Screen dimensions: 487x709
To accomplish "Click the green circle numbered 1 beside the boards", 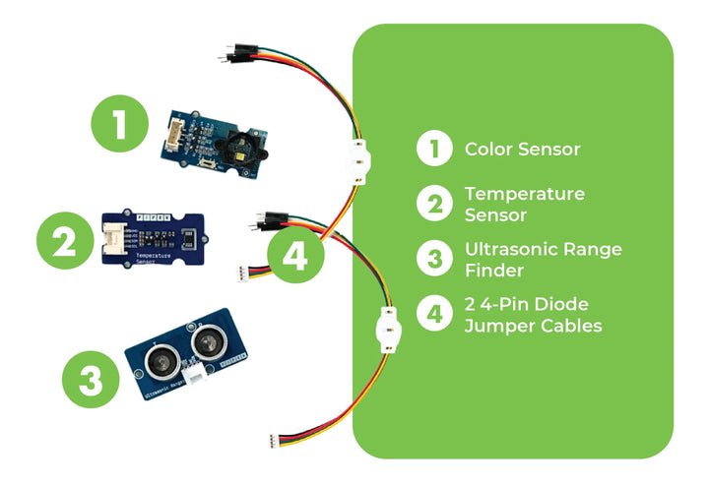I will [x=119, y=127].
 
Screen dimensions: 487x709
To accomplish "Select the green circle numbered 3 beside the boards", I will [x=91, y=380].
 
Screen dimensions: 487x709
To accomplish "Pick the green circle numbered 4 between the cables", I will [x=294, y=258].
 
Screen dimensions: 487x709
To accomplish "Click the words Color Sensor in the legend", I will [x=522, y=151].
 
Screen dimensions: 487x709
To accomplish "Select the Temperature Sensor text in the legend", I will [x=524, y=204].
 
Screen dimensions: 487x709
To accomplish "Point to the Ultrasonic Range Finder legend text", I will [x=543, y=259].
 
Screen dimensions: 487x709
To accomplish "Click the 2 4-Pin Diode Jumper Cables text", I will [x=533, y=314].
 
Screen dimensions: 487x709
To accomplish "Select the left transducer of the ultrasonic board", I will [x=162, y=359].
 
